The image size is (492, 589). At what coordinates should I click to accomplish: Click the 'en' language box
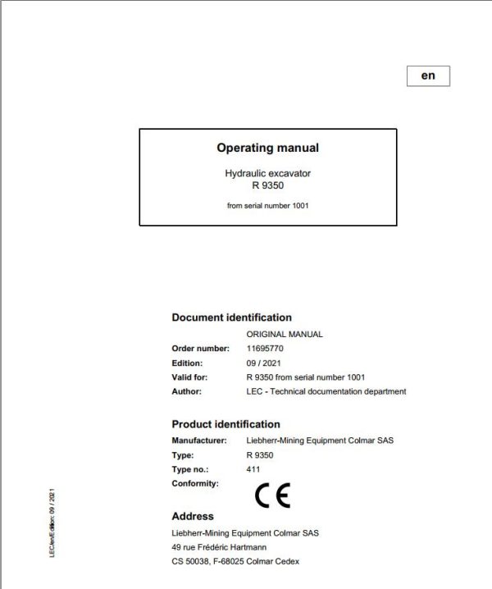pyautogui.click(x=428, y=75)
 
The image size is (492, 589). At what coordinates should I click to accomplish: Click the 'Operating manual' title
pyautogui.click(x=267, y=148)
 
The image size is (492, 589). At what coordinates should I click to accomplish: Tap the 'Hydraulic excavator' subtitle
pyautogui.click(x=267, y=174)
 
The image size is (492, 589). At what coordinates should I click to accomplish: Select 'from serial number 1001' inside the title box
pyautogui.click(x=267, y=206)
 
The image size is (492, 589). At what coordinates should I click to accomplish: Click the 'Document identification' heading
pyautogui.click(x=231, y=317)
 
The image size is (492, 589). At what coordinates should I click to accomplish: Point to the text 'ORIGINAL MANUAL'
pyautogui.click(x=285, y=335)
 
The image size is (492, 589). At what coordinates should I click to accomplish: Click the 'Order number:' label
pyautogui.click(x=194, y=349)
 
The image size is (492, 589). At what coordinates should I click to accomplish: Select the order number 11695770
pyautogui.click(x=265, y=349)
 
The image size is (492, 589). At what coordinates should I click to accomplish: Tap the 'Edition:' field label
pyautogui.click(x=186, y=363)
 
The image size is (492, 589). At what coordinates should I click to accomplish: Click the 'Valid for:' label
pyautogui.click(x=189, y=377)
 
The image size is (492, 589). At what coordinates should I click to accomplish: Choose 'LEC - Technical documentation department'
pyautogui.click(x=326, y=391)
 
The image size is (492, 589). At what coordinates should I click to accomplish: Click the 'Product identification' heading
pyautogui.click(x=225, y=424)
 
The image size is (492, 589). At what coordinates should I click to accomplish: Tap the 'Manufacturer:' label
pyautogui.click(x=198, y=441)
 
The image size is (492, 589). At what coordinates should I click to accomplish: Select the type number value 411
pyautogui.click(x=253, y=469)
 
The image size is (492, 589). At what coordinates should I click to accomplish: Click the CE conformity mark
pyautogui.click(x=272, y=495)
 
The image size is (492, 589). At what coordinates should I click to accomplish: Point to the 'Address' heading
pyautogui.click(x=193, y=517)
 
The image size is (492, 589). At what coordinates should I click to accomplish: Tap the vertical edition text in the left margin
pyautogui.click(x=52, y=523)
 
